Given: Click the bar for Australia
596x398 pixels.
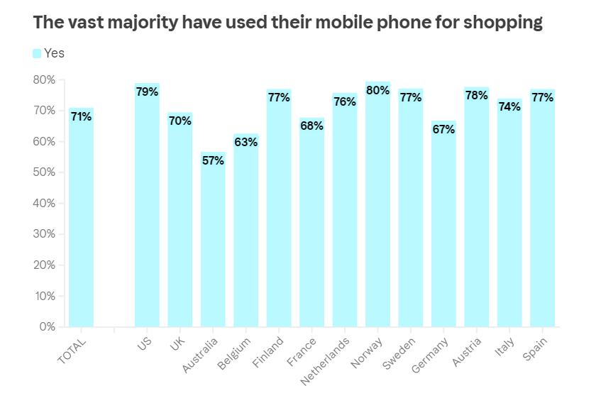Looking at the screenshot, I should click(213, 241).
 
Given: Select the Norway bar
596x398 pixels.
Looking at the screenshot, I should click(377, 213).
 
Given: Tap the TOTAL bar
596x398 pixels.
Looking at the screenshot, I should click(81, 220).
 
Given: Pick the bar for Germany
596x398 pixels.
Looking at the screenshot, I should click(443, 227).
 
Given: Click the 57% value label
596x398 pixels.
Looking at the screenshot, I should click(213, 160).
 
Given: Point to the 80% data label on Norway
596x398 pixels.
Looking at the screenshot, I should click(377, 90).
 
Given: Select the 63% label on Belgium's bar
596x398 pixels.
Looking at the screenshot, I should click(245, 142).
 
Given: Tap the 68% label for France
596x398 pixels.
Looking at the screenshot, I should click(311, 126).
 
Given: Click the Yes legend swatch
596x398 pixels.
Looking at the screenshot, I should click(37, 53).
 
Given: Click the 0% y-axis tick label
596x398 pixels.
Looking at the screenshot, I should click(47, 327).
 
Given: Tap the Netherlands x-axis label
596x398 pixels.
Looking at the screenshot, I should click(326, 360).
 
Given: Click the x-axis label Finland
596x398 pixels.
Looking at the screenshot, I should click(268, 351).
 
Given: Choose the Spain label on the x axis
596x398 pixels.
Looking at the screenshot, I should click(535, 348).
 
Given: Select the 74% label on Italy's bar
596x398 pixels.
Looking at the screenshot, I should click(509, 106).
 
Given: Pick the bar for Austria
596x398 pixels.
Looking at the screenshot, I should click(477, 213).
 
